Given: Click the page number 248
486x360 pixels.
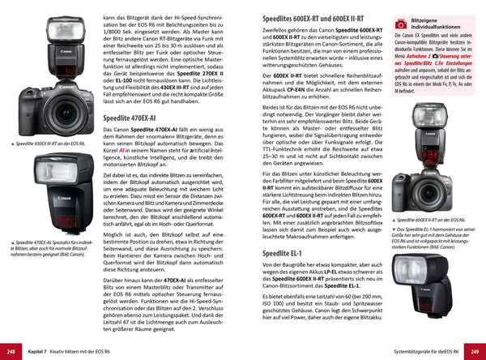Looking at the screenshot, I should (x=12, y=352).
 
